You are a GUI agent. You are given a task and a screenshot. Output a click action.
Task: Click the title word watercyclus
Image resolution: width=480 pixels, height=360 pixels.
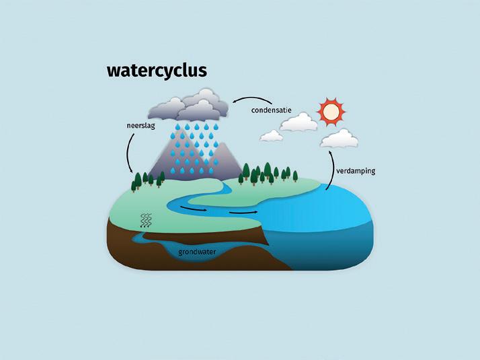tap(157, 71)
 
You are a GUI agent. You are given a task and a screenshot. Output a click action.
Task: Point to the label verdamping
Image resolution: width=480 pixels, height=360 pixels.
tap(356, 171)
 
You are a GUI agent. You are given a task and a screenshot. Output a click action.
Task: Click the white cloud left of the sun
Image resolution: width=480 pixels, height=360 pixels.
tap(298, 122)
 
